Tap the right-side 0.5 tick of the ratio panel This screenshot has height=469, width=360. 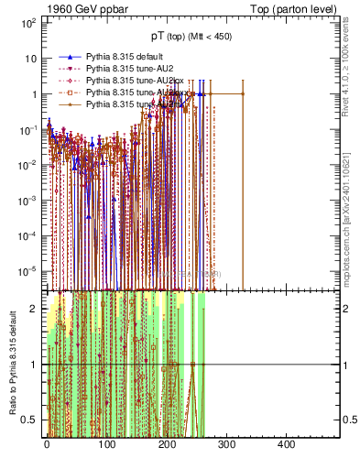point(348,420)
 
